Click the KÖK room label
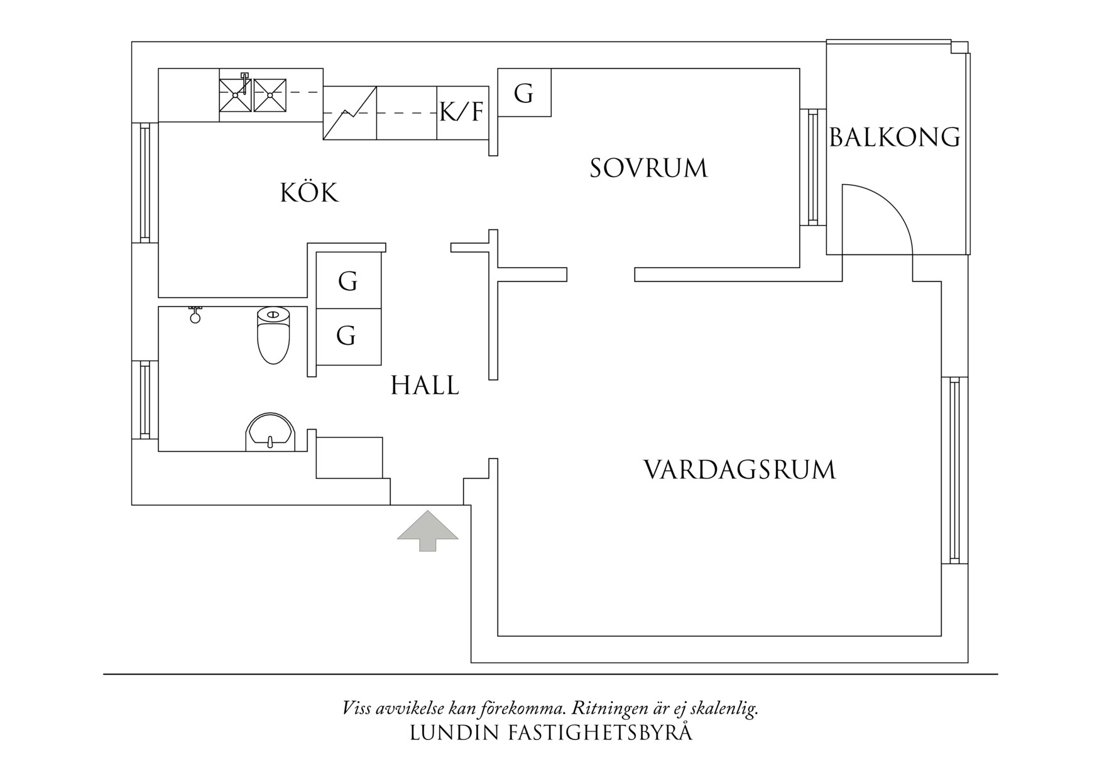pyautogui.click(x=309, y=193)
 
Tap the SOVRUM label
pyautogui.click(x=648, y=168)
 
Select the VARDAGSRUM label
pyautogui.click(x=739, y=470)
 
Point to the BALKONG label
pyautogui.click(x=895, y=137)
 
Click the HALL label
pyautogui.click(x=425, y=385)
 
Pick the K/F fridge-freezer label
pyautogui.click(x=462, y=112)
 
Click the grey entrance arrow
pyautogui.click(x=427, y=530)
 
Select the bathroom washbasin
pyautogui.click(x=270, y=432)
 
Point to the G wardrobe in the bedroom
pyautogui.click(x=524, y=93)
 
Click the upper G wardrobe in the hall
pyautogui.click(x=347, y=281)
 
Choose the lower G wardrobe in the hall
pyautogui.click(x=346, y=336)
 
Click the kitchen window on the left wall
pyautogui.click(x=145, y=182)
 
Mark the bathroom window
pyautogui.click(x=145, y=400)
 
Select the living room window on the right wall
pyautogui.click(x=954, y=470)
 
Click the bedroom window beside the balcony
pyautogui.click(x=812, y=166)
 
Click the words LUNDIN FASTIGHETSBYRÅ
pyautogui.click(x=550, y=733)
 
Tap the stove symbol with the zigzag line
pyautogui.click(x=349, y=113)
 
